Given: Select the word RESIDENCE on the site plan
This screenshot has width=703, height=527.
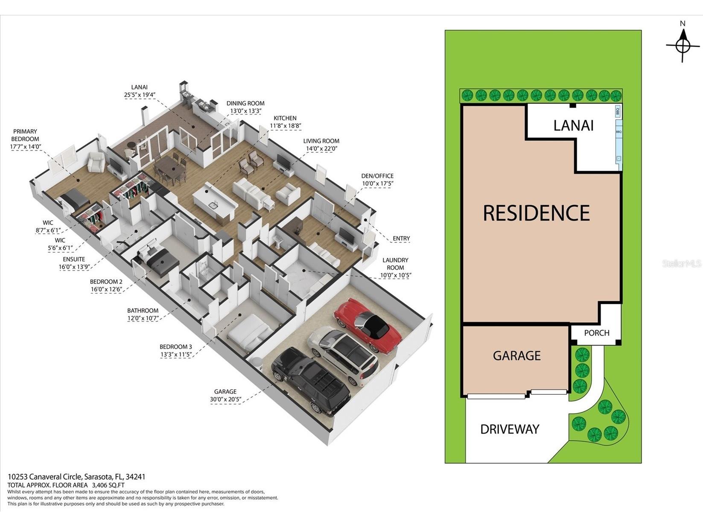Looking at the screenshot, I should tap(536, 213).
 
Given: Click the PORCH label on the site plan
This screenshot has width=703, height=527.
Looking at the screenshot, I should tap(596, 333).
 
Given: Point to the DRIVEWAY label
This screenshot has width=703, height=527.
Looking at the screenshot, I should tap(510, 429).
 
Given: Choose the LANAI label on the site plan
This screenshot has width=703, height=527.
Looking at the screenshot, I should tap(573, 125).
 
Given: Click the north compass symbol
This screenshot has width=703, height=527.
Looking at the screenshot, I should tap(683, 45).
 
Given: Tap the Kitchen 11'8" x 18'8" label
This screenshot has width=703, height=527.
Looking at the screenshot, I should tap(285, 122).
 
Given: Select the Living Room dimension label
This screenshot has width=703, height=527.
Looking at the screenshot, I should tap(321, 145).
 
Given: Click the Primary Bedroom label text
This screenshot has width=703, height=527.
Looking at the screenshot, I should tap(25, 139).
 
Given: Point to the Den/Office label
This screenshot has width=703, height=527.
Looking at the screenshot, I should tap(377, 180).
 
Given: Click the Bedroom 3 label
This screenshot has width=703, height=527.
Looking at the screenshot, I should tap(176, 350).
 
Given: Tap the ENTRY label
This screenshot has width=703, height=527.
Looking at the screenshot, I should tap(401, 239).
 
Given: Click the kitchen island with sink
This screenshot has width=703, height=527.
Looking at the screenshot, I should tap(214, 200).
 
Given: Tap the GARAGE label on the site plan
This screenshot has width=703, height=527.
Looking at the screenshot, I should tap(516, 355).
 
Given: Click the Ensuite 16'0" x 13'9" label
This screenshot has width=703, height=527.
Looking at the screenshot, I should tap(74, 263).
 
